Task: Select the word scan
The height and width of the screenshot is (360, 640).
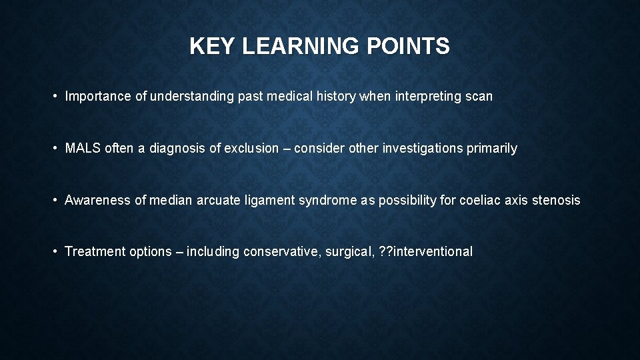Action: tap(479, 97)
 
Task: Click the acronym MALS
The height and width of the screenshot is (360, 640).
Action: tap(83, 149)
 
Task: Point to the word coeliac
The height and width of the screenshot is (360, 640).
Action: tap(479, 200)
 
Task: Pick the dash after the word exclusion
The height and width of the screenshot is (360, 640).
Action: tap(287, 149)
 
